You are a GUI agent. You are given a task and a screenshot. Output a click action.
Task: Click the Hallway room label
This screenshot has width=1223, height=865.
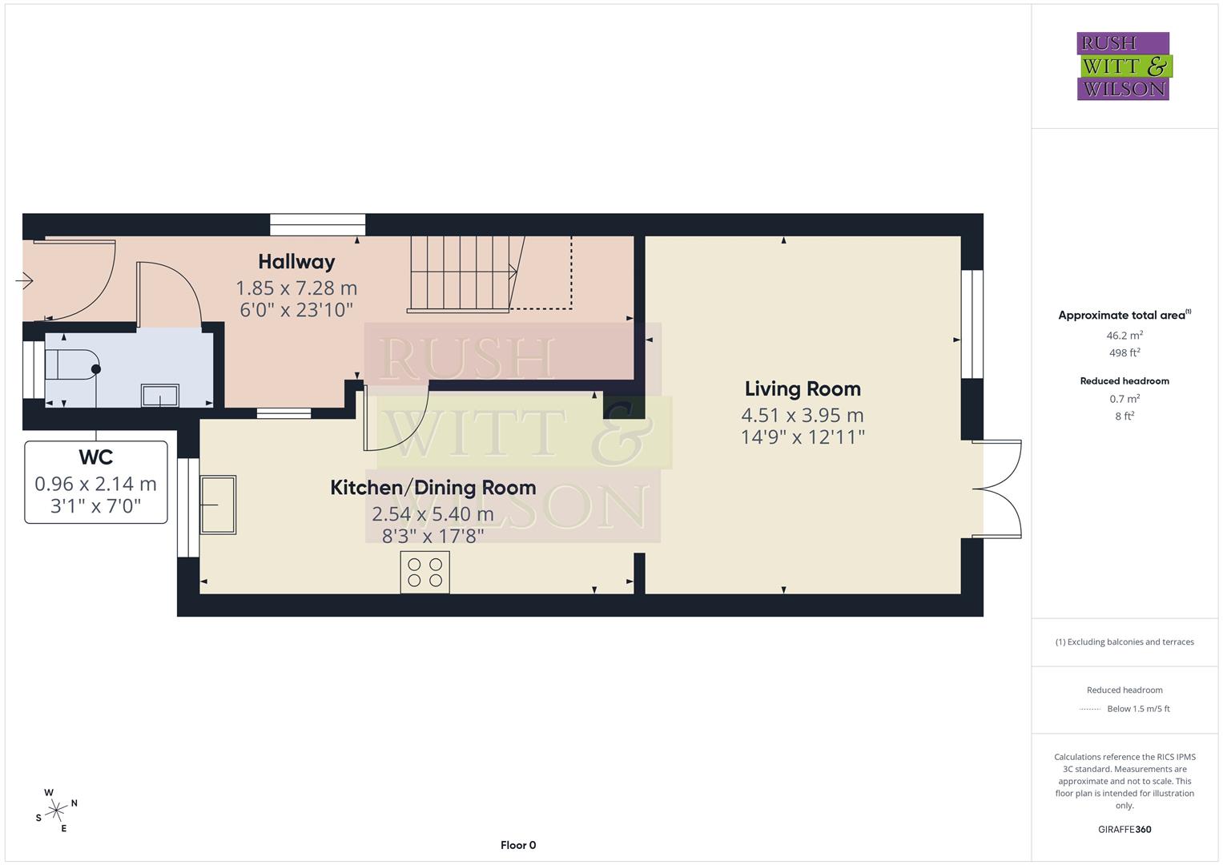(x=296, y=262)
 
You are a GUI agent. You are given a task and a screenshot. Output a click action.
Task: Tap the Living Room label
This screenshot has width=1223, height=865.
(x=803, y=389)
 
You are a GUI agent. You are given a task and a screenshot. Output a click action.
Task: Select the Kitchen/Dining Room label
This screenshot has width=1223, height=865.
(x=432, y=488)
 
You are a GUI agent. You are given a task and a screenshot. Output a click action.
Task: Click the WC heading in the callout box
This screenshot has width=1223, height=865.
(x=95, y=457)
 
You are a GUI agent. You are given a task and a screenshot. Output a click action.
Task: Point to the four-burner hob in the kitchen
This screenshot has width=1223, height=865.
(x=424, y=572)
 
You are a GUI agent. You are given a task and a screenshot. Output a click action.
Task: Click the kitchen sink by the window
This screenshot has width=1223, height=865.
(x=218, y=505)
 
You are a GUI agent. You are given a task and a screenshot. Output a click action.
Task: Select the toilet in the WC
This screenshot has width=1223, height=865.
(x=72, y=364)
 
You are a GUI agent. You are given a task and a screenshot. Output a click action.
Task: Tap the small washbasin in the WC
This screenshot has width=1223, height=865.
(x=160, y=395)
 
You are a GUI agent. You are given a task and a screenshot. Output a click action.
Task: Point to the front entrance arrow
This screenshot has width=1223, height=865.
(x=23, y=281)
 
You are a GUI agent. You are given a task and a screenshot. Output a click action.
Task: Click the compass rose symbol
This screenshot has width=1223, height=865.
(x=55, y=811)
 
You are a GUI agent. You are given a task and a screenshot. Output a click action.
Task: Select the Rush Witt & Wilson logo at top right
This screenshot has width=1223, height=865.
(x=1123, y=66)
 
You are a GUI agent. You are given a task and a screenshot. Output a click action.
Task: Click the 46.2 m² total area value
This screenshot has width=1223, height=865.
(x=1124, y=336)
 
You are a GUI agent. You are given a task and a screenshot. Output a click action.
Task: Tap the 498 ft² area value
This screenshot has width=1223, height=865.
(x=1124, y=352)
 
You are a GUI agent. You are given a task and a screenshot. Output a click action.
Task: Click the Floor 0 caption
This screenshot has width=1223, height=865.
(x=517, y=845)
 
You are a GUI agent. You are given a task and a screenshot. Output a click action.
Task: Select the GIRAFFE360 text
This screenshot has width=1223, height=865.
(x=1124, y=829)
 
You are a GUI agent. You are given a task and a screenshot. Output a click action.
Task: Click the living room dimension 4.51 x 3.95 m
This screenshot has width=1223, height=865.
(x=803, y=415)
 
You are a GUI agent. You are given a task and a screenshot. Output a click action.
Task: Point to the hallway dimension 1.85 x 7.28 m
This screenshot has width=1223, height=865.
(x=296, y=288)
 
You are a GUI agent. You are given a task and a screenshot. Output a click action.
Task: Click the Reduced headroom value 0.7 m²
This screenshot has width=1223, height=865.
(x=1124, y=399)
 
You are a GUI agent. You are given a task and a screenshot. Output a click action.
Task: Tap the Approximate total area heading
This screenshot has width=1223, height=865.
(x=1124, y=316)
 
